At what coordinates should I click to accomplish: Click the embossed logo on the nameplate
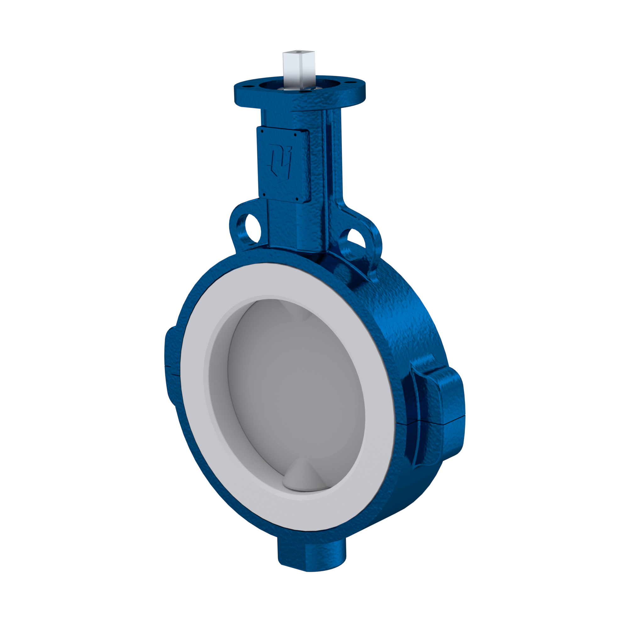click(280, 159)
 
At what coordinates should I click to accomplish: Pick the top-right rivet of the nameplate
click(295, 133)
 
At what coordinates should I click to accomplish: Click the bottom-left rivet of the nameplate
click(263, 195)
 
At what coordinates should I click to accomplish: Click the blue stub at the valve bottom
click(311, 555)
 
